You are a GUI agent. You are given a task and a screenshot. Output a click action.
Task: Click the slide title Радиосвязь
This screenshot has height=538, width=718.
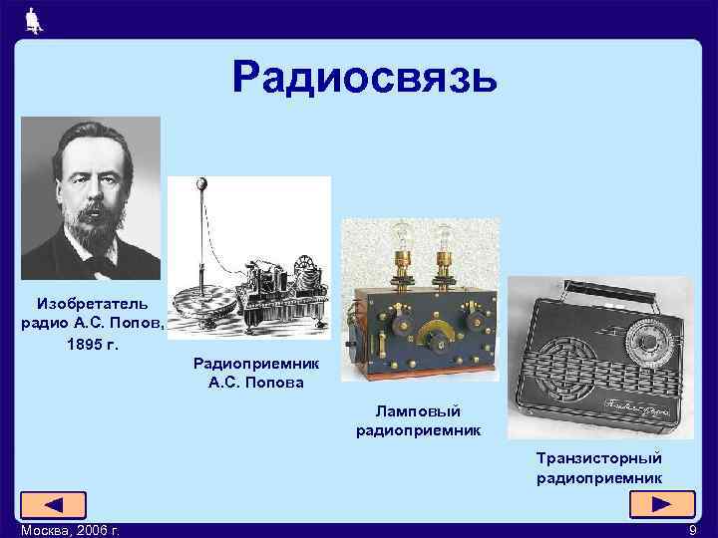point(364,77)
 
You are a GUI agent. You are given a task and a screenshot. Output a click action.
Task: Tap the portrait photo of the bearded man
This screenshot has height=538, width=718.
point(91,198)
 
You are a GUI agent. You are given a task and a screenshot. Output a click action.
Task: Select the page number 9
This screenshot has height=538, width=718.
point(692,530)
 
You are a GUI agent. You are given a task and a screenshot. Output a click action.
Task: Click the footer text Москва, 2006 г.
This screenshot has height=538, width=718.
point(61,530)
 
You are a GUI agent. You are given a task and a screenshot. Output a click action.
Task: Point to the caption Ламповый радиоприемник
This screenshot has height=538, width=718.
point(418,420)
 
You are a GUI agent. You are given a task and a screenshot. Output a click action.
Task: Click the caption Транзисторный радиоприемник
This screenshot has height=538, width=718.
point(598,467)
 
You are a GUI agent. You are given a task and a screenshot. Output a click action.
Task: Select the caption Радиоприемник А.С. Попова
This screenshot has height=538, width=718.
point(249,374)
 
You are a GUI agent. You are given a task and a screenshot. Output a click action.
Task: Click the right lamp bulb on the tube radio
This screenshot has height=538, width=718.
point(443,237)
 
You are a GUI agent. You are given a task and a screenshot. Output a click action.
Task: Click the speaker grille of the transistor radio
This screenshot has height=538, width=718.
point(563,374)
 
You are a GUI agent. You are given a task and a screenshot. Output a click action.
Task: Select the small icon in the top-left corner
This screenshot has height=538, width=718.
point(32,19)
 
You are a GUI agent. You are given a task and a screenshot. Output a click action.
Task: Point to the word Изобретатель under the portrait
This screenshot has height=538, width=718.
point(92,302)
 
